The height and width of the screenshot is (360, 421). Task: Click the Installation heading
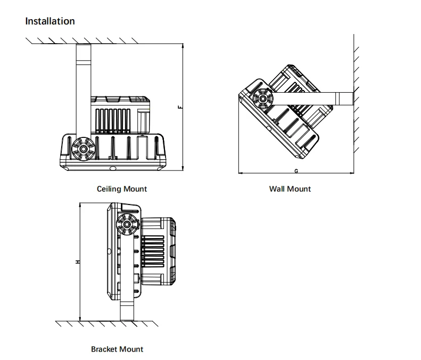50,21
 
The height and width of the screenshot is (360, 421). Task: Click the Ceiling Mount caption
122,189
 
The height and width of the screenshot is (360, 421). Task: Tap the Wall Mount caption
290,189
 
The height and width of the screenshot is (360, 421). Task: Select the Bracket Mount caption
117,349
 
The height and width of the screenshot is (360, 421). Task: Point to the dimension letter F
179,107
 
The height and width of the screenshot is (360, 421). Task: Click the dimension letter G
295,171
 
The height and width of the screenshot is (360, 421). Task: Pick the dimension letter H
77,262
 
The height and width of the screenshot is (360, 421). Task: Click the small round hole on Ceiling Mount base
112,168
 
